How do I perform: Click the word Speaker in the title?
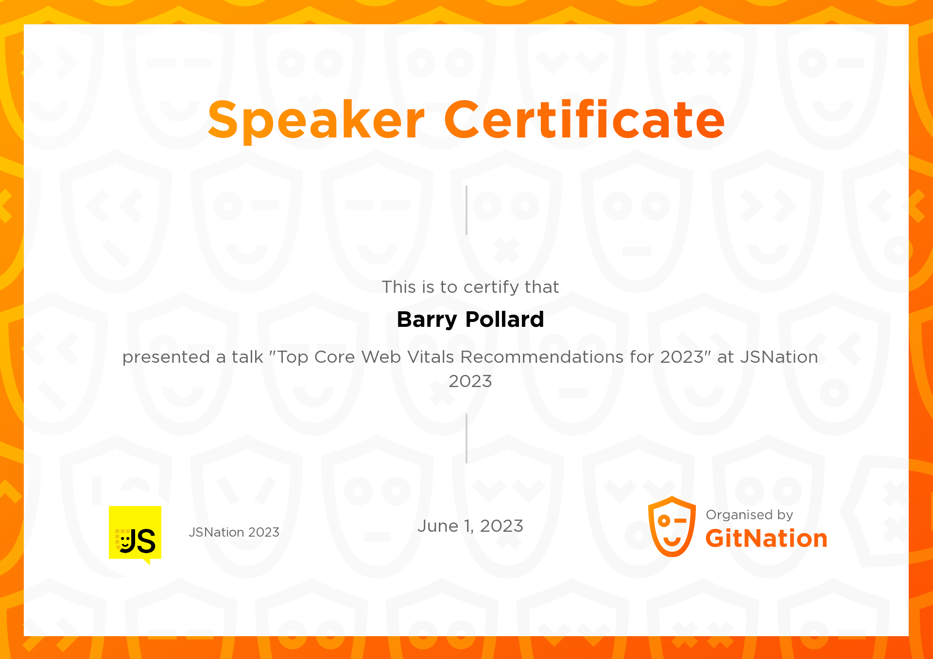point(316,120)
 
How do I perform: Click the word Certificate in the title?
point(585,120)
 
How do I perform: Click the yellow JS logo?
point(135,534)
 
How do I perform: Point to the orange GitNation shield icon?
point(672,526)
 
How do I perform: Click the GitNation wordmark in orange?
point(766,539)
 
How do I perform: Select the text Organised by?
point(749,515)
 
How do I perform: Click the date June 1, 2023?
point(470,526)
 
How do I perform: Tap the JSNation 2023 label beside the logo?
point(234,532)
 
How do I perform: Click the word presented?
point(166,357)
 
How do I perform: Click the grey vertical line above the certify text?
point(466,210)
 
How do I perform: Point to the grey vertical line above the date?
point(466,438)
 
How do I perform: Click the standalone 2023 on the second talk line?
point(470,381)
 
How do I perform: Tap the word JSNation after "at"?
point(779,357)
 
